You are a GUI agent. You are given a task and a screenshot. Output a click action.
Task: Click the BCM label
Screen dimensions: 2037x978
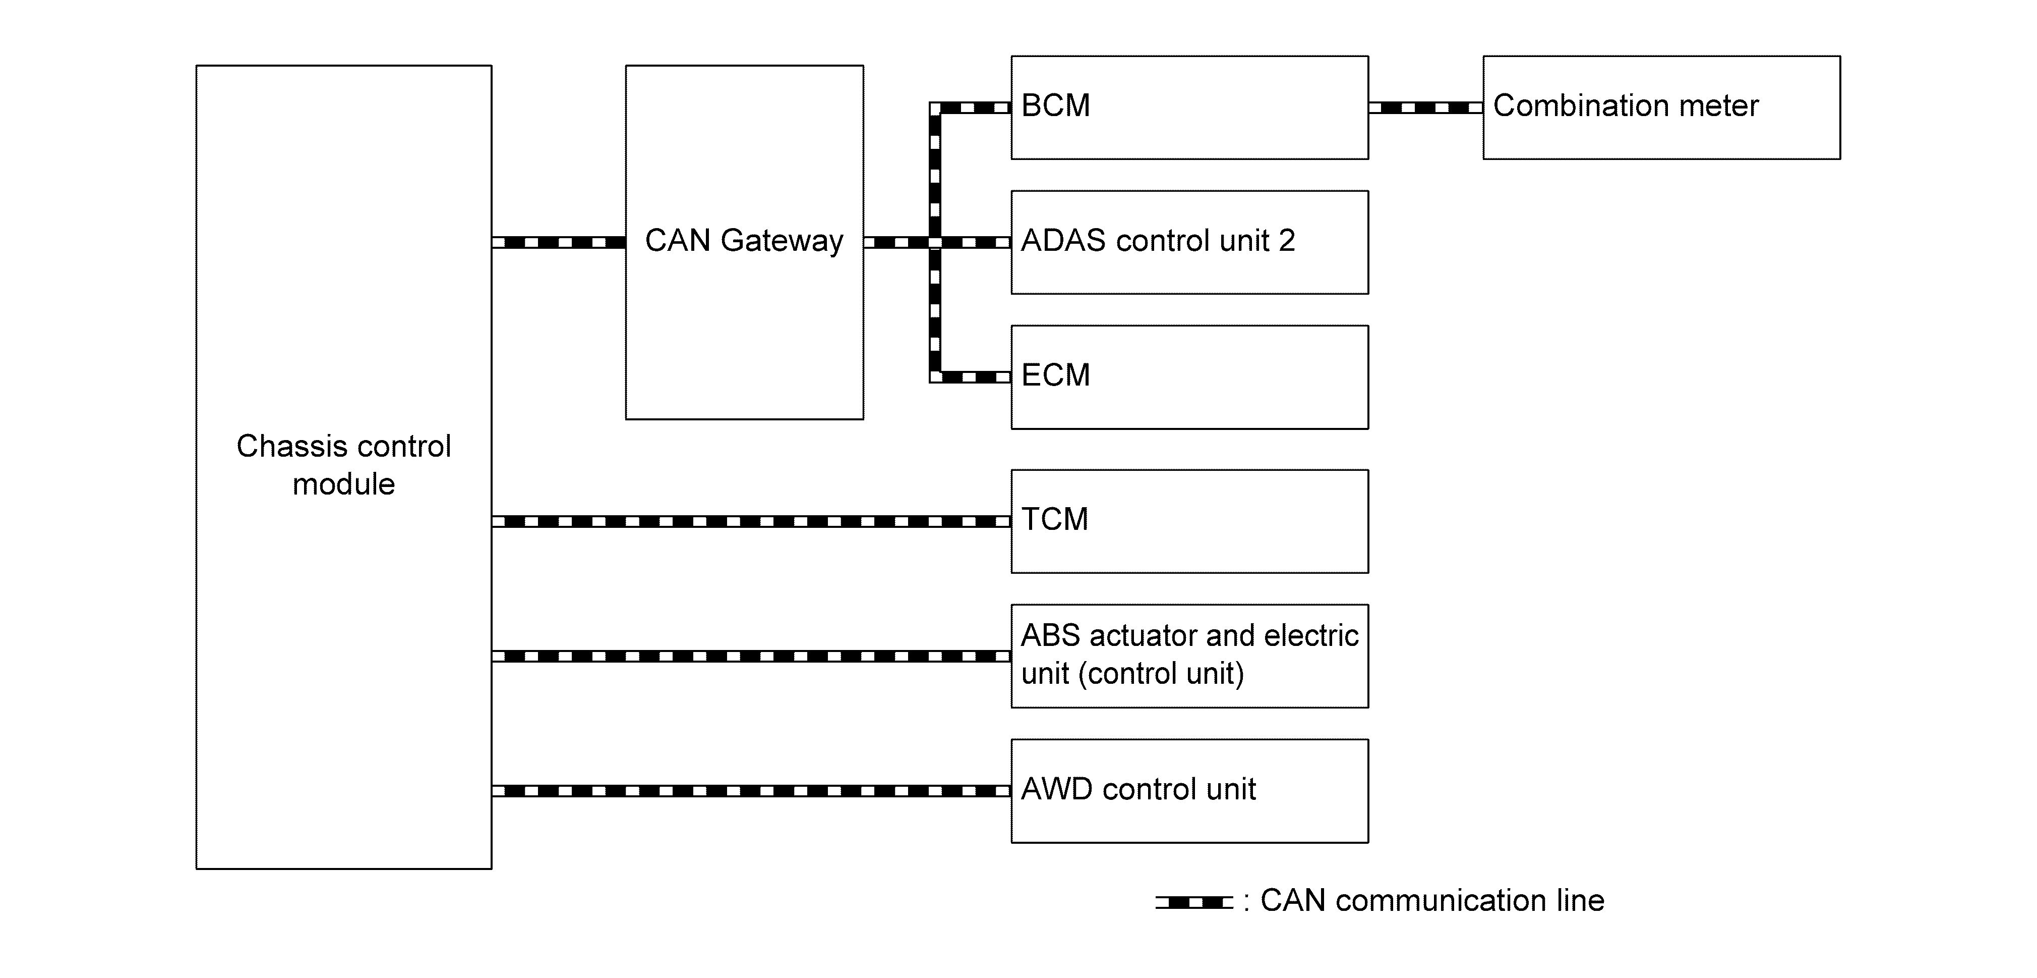pyautogui.click(x=1056, y=105)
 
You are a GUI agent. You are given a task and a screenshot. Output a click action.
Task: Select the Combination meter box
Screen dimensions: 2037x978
pyautogui.click(x=1661, y=107)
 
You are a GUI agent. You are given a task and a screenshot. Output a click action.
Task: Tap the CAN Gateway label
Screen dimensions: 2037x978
pyautogui.click(x=744, y=241)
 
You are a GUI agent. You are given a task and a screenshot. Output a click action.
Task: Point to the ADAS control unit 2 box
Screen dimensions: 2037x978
pyautogui.click(x=1189, y=242)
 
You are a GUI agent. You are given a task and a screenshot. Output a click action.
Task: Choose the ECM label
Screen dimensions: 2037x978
pyautogui.click(x=1056, y=375)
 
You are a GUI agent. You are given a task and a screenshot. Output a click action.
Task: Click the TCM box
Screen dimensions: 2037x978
pyautogui.click(x=1189, y=521)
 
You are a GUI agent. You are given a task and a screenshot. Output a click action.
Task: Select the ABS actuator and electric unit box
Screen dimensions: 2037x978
pyautogui.click(x=1189, y=656)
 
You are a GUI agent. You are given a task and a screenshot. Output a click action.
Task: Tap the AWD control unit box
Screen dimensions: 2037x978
pyautogui.click(x=1189, y=790)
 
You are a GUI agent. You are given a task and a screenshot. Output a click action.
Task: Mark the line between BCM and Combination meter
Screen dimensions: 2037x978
pyautogui.click(x=1426, y=107)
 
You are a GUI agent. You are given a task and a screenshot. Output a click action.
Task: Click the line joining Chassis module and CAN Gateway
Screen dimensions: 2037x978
pyautogui.click(x=558, y=242)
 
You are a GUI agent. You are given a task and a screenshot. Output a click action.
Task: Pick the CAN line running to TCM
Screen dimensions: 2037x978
pyautogui.click(x=751, y=521)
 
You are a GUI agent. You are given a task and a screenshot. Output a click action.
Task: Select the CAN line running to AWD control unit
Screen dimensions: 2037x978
pyautogui.click(x=751, y=790)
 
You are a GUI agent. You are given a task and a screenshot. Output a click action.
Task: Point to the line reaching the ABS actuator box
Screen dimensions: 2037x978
pyautogui.click(x=751, y=656)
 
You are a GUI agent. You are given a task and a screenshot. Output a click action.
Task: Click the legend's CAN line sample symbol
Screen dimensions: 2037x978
pyautogui.click(x=1194, y=902)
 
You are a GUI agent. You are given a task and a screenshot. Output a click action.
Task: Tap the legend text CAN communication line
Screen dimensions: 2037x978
pyautogui.click(x=1432, y=900)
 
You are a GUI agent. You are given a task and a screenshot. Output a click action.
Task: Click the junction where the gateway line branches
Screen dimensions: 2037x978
pyautogui.click(x=935, y=242)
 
